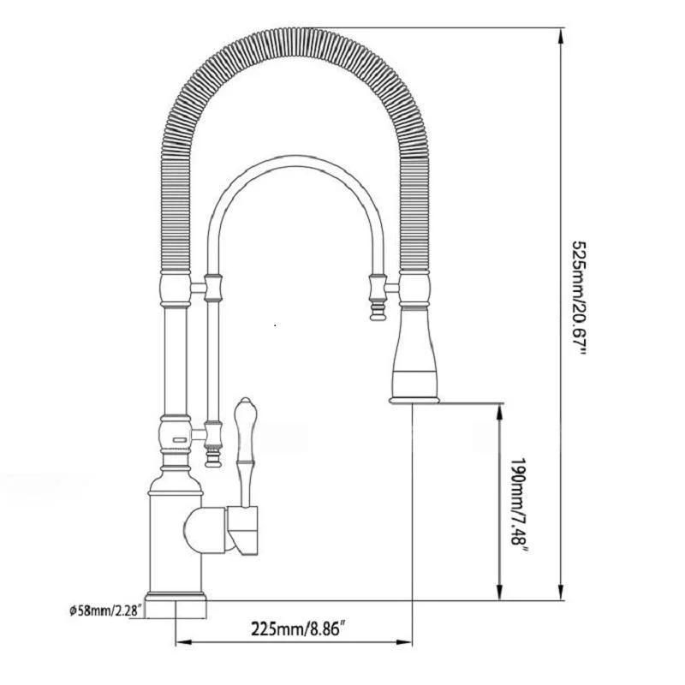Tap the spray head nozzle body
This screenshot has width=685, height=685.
[x=415, y=345]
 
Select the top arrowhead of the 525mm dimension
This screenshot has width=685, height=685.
[x=560, y=36]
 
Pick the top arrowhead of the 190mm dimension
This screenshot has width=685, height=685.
[x=499, y=413]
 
